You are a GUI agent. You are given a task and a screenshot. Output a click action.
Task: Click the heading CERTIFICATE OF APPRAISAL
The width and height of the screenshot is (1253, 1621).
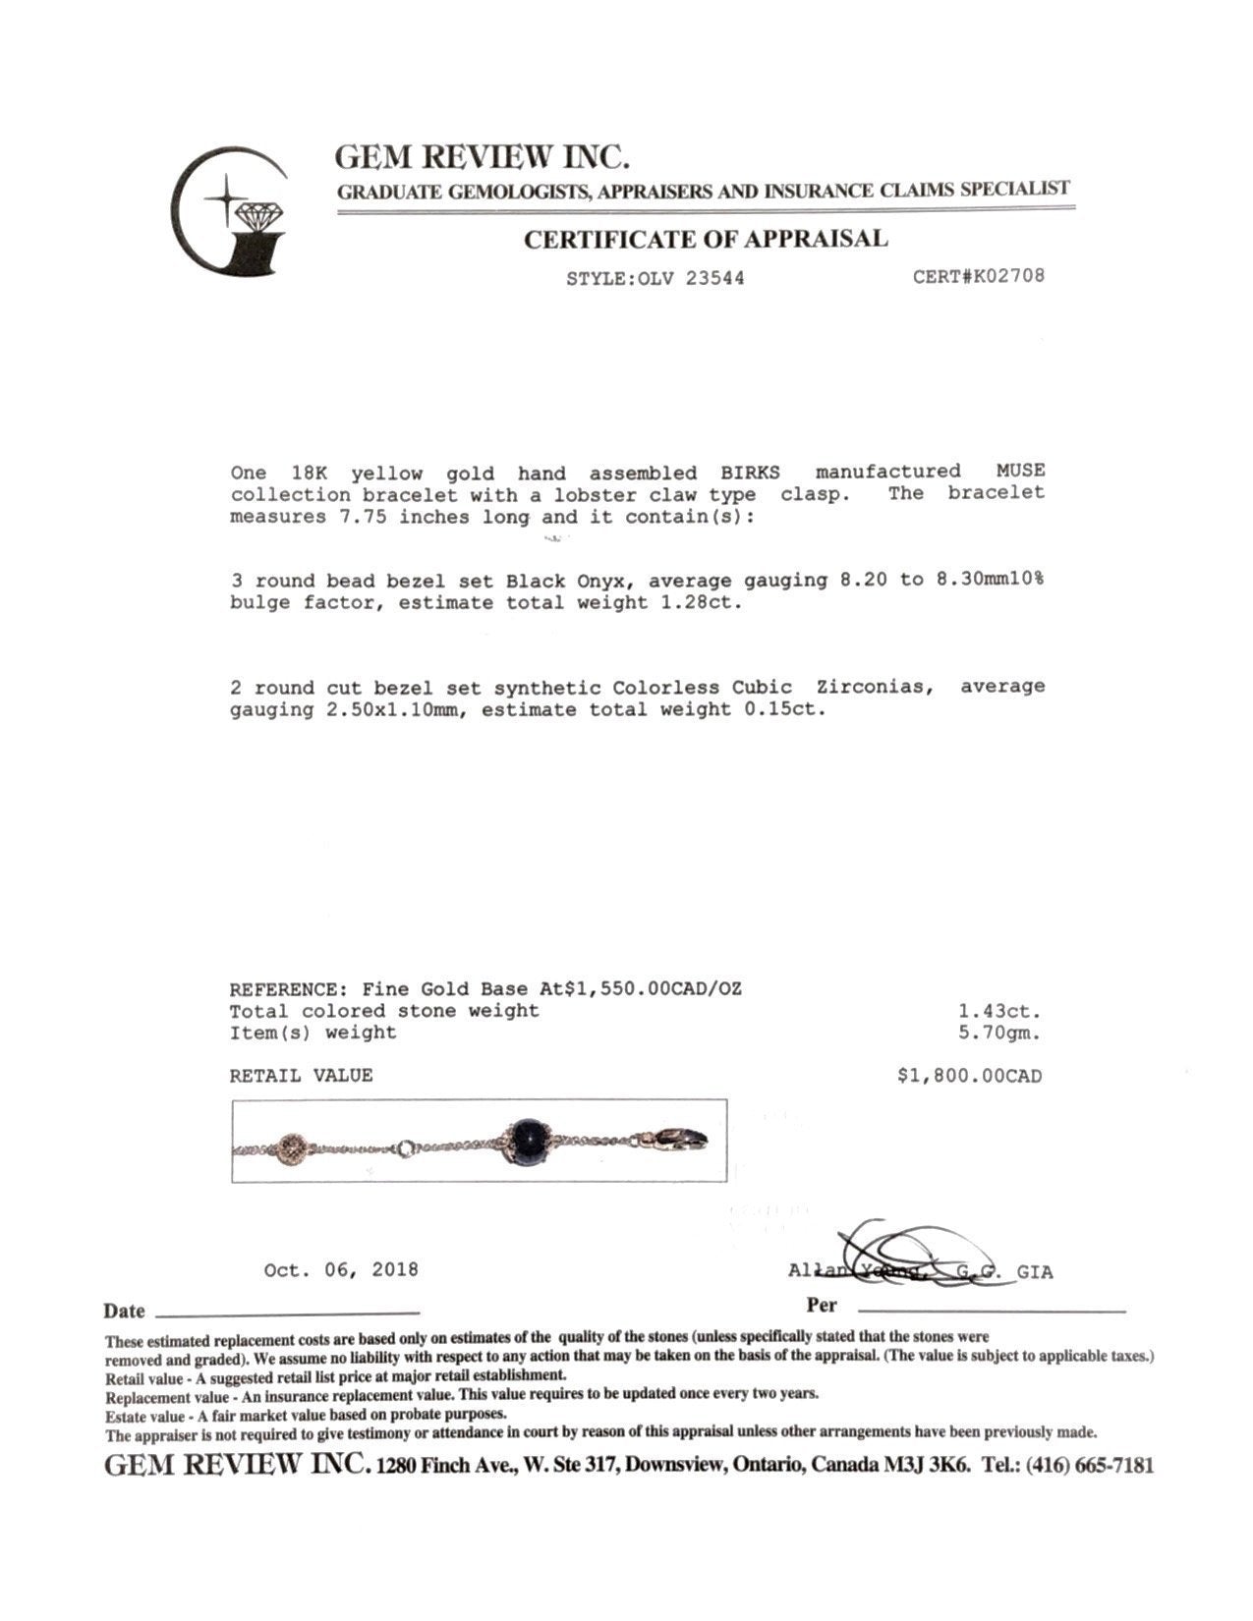pos(705,239)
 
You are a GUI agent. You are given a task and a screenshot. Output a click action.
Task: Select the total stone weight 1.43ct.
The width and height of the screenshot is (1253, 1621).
pos(999,1011)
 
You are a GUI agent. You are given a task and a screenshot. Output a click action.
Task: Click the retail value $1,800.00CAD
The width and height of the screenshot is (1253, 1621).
pos(969,1076)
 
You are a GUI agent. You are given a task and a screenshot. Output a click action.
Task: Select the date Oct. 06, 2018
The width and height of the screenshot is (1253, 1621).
pos(341,1270)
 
